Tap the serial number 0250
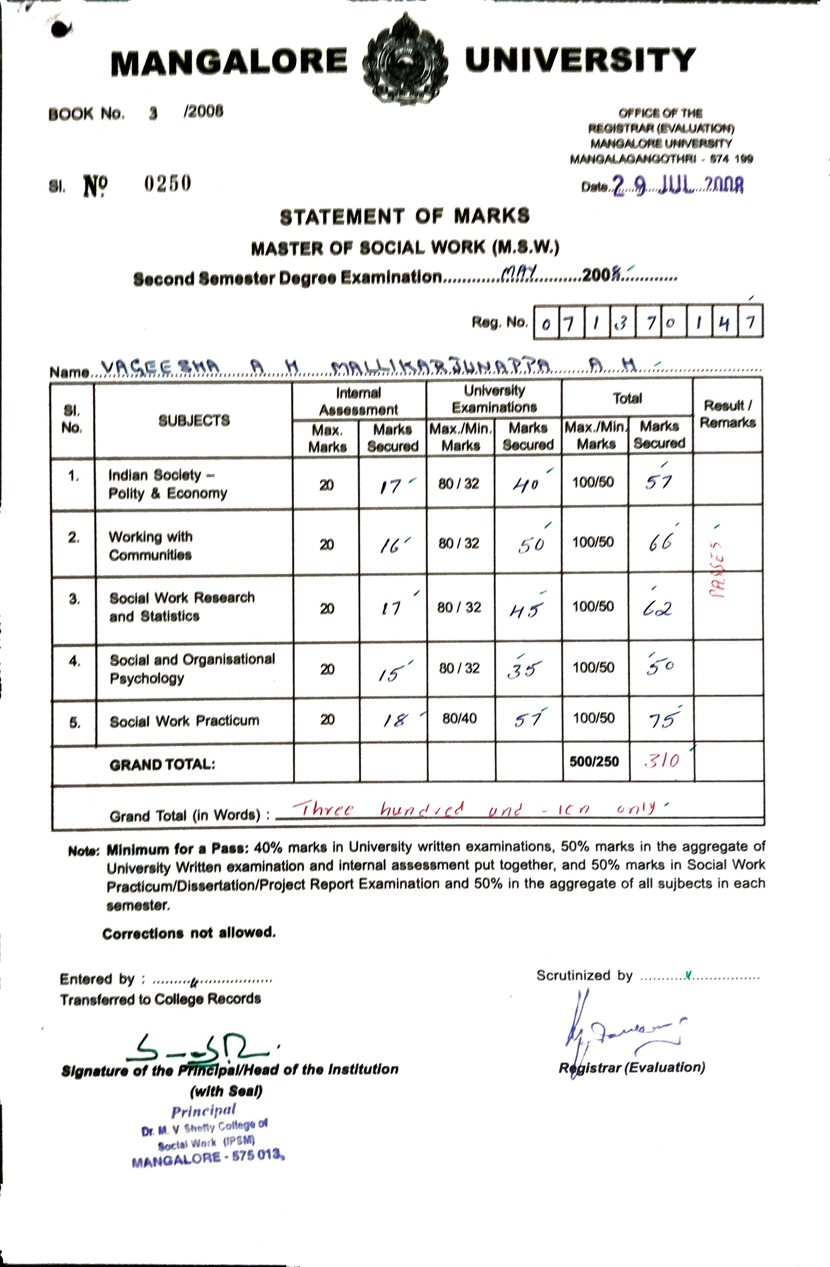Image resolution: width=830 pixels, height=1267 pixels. pos(167,184)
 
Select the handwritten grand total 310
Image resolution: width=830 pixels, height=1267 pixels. pos(661,760)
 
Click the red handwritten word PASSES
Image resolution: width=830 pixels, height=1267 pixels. pos(718,570)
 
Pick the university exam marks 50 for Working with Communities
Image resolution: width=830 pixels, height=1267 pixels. pos(530,544)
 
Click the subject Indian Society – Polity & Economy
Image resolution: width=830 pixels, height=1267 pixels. pos(168,484)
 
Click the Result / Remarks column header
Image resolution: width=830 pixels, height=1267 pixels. pos(727,414)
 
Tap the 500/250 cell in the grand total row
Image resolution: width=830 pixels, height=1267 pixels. pos(594,761)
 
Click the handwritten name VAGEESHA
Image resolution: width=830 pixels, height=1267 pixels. pos(160,367)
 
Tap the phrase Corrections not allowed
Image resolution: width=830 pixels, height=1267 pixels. pos(189,933)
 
